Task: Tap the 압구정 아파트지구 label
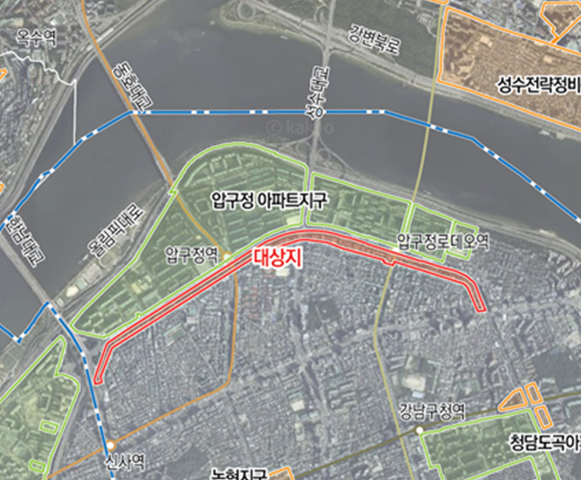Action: (x=270, y=202)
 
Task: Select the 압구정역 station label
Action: (x=193, y=254)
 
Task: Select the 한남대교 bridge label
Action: (x=17, y=241)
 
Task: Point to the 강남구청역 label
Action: (x=430, y=410)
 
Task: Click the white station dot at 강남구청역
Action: (x=420, y=430)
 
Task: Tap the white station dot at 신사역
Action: (x=110, y=445)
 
